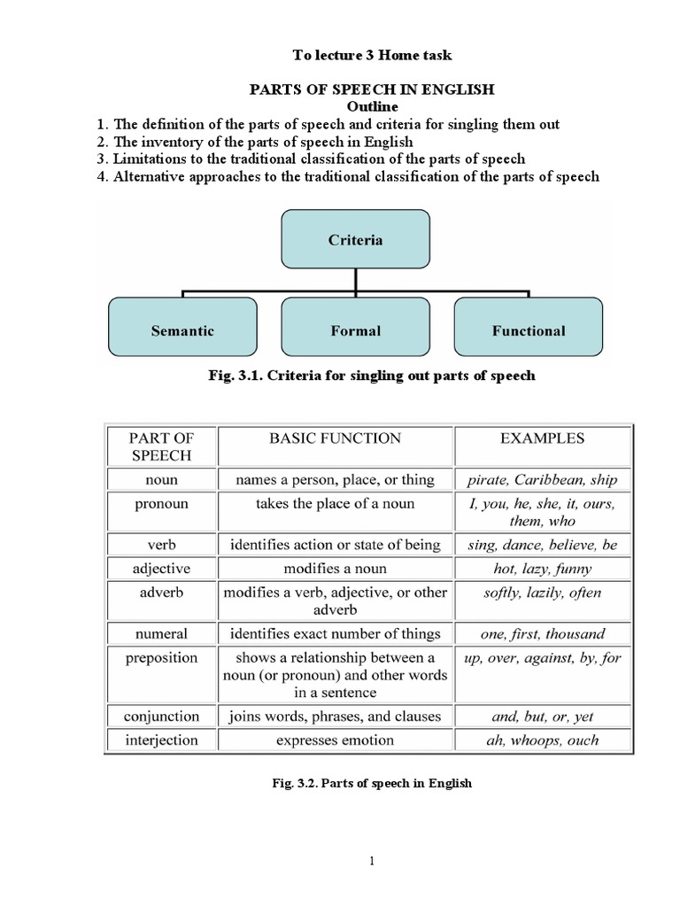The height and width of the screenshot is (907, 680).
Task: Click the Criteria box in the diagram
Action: tap(355, 239)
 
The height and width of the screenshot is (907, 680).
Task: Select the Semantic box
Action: tap(182, 330)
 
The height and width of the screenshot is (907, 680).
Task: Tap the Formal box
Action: tap(355, 330)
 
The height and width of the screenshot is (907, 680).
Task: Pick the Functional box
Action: tap(528, 330)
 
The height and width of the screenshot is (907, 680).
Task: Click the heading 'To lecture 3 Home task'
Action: tap(372, 55)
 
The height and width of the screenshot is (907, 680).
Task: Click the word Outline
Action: tap(371, 106)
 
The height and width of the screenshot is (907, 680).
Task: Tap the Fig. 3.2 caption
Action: tap(371, 783)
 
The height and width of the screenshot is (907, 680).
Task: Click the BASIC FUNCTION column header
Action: tap(336, 438)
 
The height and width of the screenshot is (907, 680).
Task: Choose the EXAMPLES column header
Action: tap(542, 438)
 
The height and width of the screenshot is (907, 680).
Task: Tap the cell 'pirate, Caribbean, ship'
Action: tap(542, 480)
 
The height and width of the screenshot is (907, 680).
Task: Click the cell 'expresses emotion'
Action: tap(336, 740)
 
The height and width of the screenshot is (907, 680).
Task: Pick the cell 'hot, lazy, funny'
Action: tap(542, 569)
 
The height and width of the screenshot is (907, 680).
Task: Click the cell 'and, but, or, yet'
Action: tap(542, 716)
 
